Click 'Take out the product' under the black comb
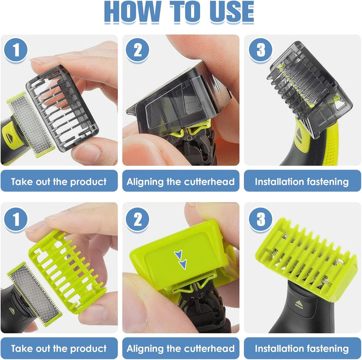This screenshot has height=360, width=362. pyautogui.click(x=59, y=181)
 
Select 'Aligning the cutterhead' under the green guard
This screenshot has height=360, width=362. pyautogui.click(x=180, y=348)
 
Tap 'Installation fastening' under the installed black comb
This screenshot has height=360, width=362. pyautogui.click(x=302, y=181)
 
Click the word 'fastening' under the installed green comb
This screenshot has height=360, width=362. pyautogui.click(x=325, y=348)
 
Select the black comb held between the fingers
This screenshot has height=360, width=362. pyautogui.click(x=68, y=108)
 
